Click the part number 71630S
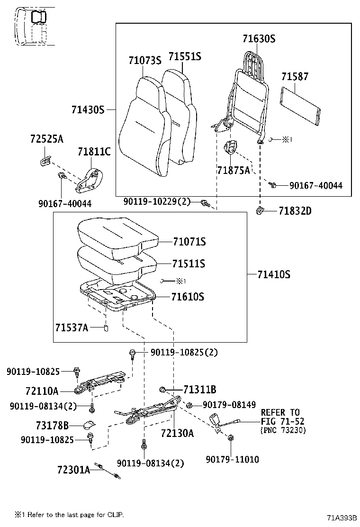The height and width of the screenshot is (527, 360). (x=259, y=39)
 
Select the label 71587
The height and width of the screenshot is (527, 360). (x=295, y=77)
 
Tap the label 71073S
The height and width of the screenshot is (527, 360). (x=145, y=60)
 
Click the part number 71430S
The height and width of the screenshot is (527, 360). (x=88, y=109)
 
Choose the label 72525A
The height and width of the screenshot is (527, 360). (x=46, y=139)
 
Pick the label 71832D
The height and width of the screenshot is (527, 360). (x=295, y=210)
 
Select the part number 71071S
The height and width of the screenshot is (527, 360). (x=189, y=242)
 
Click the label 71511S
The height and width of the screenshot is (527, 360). (x=189, y=263)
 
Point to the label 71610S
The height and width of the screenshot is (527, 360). (x=188, y=297)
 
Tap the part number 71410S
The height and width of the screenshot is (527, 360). (x=274, y=274)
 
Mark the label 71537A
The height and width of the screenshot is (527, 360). (x=72, y=327)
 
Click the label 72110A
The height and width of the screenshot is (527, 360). (x=42, y=391)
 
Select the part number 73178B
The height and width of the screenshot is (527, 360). (x=52, y=425)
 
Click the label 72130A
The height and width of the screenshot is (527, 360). (x=178, y=433)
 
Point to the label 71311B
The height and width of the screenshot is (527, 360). (x=200, y=390)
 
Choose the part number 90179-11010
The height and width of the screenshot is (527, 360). (x=233, y=459)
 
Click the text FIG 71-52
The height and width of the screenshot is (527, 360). (x=282, y=421)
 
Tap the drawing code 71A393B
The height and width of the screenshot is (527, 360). (x=341, y=518)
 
